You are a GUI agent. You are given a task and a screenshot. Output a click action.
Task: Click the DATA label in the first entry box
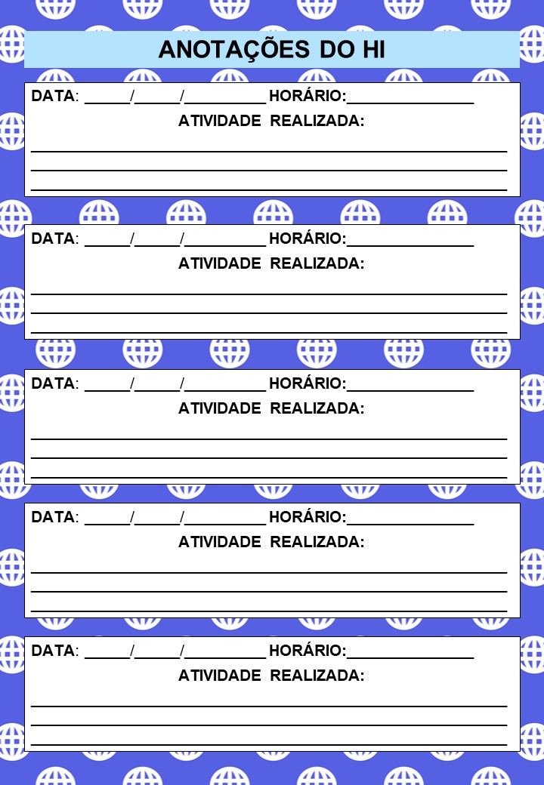click(x=53, y=96)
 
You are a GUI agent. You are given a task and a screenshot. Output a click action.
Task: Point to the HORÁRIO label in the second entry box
click(x=307, y=239)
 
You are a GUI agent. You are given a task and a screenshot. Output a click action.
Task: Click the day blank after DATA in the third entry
click(x=107, y=385)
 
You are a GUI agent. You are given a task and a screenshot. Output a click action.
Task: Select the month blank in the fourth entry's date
click(x=157, y=519)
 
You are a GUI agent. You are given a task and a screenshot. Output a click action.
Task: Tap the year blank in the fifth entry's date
click(x=225, y=652)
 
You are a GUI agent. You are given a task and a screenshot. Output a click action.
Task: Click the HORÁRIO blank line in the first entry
click(x=410, y=97)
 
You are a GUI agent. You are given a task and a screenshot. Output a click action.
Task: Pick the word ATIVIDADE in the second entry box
click(x=220, y=263)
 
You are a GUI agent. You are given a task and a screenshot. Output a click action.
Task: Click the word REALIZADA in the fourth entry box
click(x=317, y=542)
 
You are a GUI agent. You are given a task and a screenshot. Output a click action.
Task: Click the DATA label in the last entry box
click(x=53, y=651)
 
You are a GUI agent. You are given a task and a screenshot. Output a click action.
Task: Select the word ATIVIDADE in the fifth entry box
click(x=220, y=676)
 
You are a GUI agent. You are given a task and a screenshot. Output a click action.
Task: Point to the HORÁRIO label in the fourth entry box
click(x=307, y=517)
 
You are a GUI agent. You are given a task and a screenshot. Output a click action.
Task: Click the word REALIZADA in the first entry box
click(x=317, y=121)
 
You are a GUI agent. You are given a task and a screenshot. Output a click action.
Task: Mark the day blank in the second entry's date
click(x=107, y=241)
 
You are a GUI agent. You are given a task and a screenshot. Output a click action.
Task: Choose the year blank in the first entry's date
click(x=225, y=97)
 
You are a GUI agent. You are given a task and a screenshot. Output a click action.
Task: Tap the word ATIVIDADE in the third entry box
click(x=220, y=408)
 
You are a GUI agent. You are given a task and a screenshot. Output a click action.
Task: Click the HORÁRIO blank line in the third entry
click(x=410, y=385)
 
